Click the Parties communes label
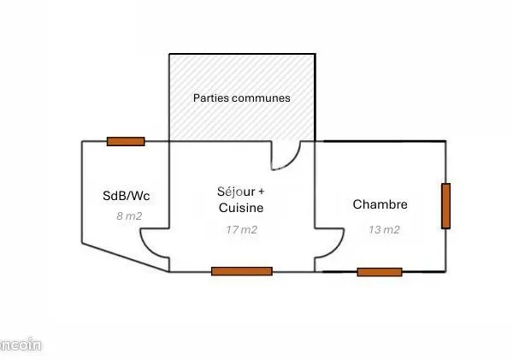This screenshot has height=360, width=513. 242,97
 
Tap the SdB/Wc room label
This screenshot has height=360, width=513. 127,196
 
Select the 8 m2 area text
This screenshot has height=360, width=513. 129,216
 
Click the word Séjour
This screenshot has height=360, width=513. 236,192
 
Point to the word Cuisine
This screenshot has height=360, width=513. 241,208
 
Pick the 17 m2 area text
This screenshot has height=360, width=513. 241,230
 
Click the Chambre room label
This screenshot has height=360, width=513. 380,204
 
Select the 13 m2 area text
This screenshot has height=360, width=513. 384,230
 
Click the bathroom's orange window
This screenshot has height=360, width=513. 126,141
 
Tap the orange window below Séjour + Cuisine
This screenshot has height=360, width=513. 242,271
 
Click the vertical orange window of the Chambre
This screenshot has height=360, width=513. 445,206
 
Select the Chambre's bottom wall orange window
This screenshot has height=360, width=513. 380,272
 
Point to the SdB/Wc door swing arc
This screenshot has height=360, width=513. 147,247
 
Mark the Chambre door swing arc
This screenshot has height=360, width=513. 337,247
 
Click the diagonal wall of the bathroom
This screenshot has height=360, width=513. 126,257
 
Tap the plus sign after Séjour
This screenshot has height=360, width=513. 261,192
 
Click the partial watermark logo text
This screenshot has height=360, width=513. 21,345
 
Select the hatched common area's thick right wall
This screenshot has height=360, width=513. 315,97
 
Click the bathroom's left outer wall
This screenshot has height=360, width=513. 82,192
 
